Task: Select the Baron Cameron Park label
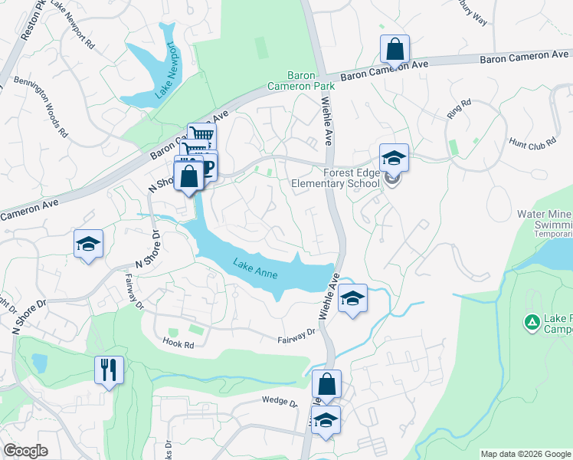(300, 80)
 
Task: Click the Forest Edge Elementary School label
(336, 179)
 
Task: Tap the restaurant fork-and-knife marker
(108, 370)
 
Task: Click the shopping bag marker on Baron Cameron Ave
(395, 50)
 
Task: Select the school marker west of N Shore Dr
(88, 244)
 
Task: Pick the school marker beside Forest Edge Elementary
(394, 158)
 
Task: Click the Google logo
(26, 451)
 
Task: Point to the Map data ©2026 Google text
(525, 454)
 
